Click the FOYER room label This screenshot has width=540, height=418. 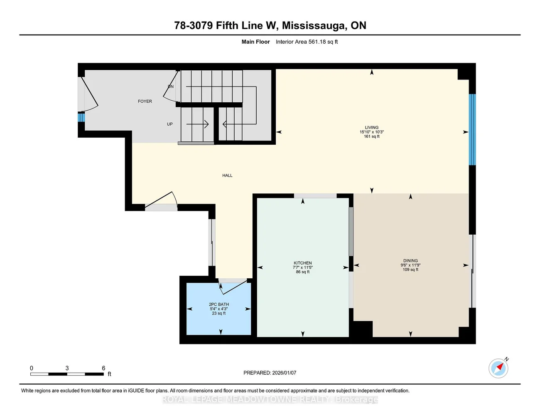[145, 101]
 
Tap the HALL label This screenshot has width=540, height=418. [227, 176]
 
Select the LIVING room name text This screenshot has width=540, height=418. [371, 127]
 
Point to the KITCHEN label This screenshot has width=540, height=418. [302, 263]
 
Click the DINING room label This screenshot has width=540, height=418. [410, 261]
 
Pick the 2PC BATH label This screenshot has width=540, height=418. [218, 304]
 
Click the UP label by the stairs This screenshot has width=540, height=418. [170, 124]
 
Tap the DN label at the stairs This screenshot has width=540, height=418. [170, 87]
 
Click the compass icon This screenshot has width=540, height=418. [498, 368]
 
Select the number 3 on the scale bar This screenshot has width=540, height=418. [67, 368]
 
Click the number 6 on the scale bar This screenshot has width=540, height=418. [103, 368]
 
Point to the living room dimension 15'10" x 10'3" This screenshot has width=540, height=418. [371, 132]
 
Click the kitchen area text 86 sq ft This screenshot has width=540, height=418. [302, 272]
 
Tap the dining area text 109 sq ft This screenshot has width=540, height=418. [410, 270]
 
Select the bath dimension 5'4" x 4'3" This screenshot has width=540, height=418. [218, 309]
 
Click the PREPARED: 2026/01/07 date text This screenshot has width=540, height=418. [270, 373]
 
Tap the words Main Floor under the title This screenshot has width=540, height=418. [255, 42]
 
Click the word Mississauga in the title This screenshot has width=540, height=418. [314, 25]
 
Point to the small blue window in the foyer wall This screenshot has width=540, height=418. [81, 117]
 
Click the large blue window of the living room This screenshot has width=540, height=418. [472, 130]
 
